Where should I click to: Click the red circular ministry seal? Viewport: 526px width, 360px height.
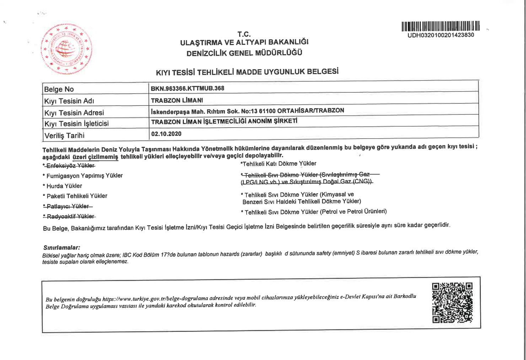click(66, 49)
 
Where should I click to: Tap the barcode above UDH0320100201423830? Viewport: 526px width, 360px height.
click(441, 26)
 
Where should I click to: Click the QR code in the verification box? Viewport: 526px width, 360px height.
click(452, 303)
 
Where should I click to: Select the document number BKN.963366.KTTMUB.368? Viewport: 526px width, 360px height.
click(187, 88)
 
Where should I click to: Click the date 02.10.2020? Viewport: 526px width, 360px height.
click(166, 134)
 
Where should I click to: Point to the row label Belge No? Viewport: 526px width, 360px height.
click(59, 89)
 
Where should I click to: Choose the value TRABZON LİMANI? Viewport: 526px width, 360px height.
click(177, 100)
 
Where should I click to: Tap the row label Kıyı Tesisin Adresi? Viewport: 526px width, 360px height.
click(74, 113)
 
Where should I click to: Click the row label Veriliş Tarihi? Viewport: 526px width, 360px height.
click(64, 135)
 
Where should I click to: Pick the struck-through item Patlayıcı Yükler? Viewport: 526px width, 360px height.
click(68, 206)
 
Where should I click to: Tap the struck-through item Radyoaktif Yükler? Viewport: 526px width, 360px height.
click(70, 216)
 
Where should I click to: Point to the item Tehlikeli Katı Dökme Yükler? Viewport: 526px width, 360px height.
click(279, 163)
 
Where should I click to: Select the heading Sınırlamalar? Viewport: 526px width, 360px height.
click(61, 247)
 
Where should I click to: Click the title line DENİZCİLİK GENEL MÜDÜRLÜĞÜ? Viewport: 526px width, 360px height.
click(244, 53)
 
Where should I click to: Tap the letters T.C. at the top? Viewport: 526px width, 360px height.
click(244, 34)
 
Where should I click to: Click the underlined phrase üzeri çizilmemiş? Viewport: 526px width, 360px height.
click(95, 157)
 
